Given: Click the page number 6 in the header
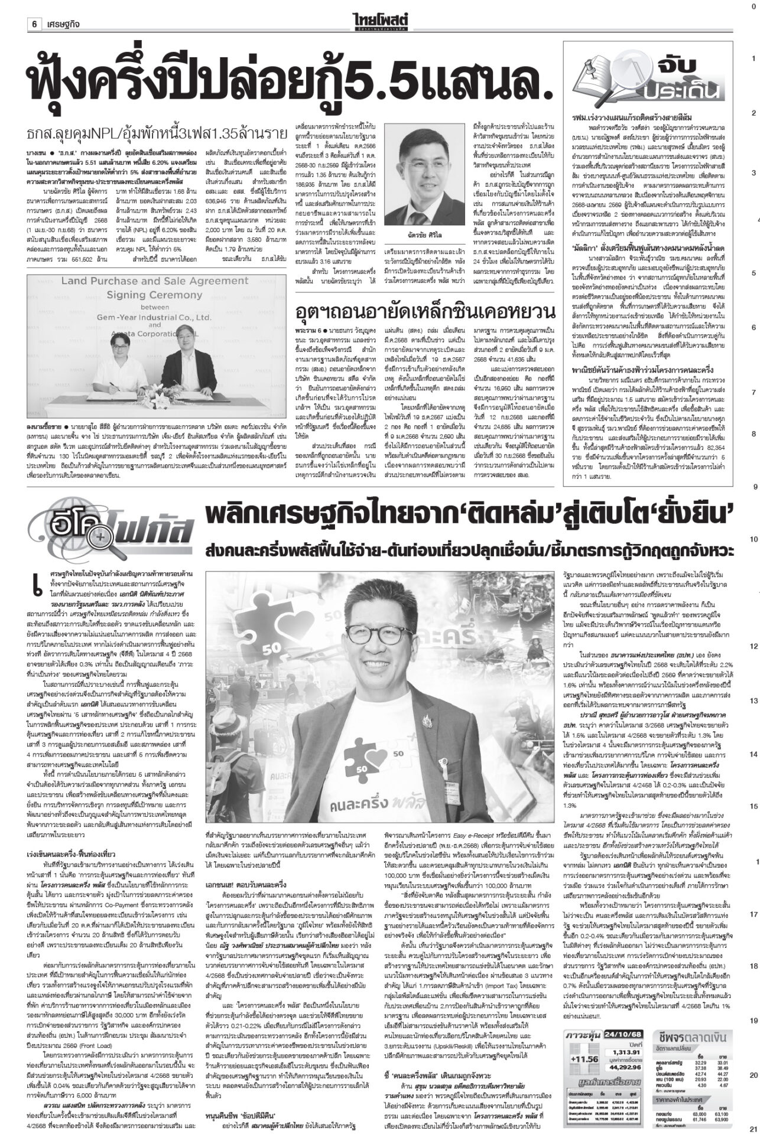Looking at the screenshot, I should tap(35, 8).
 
